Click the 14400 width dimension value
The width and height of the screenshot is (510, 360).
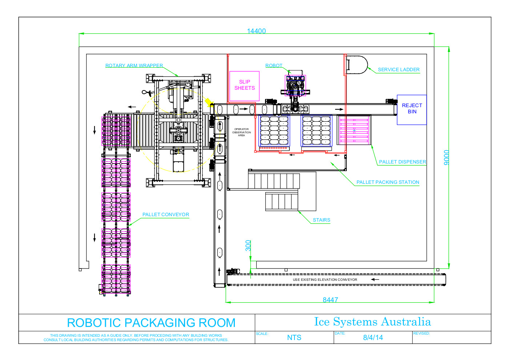click(x=256, y=31)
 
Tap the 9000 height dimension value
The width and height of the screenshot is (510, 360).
click(x=446, y=157)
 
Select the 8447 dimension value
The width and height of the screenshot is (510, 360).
click(x=330, y=300)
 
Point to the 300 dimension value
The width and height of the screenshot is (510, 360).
click(x=248, y=246)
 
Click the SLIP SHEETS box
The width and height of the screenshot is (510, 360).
click(x=244, y=86)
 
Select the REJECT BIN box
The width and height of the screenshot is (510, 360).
click(x=411, y=110)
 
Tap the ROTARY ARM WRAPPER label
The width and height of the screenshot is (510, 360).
click(x=134, y=65)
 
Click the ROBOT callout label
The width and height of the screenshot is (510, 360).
click(x=274, y=65)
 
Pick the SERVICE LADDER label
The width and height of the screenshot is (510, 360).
click(x=399, y=70)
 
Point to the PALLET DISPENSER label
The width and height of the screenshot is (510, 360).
click(x=402, y=162)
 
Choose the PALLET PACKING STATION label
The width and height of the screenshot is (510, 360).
click(x=388, y=182)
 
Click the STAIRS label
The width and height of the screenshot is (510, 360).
click(x=321, y=220)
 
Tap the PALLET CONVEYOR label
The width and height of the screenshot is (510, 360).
click(x=166, y=214)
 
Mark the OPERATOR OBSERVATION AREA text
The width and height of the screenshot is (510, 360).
click(x=242, y=132)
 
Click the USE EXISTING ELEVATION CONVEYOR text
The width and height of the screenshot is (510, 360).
click(x=325, y=279)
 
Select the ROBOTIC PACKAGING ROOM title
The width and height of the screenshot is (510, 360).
click(x=151, y=323)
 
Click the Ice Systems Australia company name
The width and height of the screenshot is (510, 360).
click(x=373, y=321)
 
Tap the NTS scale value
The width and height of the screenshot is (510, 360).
click(x=294, y=337)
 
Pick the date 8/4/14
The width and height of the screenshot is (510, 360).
click(x=373, y=337)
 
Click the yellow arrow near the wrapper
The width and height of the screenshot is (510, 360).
click(x=209, y=102)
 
